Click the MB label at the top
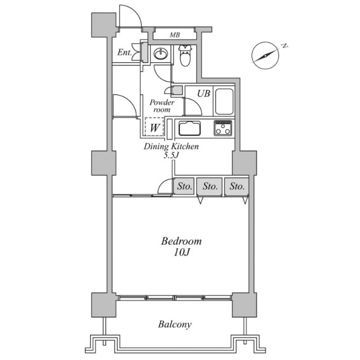point(175,35)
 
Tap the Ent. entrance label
point(124,52)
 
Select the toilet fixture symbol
point(185,55)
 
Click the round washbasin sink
point(160,54)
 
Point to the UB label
point(204,93)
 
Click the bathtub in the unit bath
point(224,102)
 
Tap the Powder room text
point(162,106)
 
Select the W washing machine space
point(154,127)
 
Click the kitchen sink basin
point(190,128)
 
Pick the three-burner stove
point(223,128)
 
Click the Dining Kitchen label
point(171,146)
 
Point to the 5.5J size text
point(171,155)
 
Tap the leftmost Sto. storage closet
point(184,186)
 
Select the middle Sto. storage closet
point(210,186)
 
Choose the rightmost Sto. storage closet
point(236,186)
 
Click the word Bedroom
point(181,241)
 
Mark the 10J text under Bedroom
point(181,253)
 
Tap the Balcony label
point(175,325)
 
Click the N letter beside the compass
point(285,46)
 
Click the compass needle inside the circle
point(265,55)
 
